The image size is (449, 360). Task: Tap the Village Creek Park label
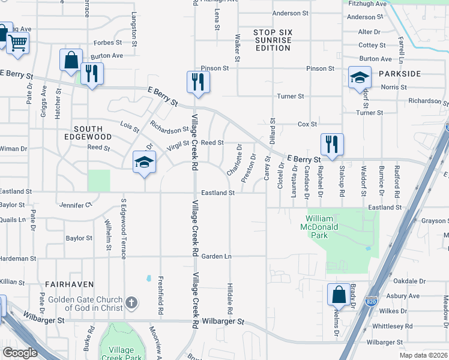coord(121,353)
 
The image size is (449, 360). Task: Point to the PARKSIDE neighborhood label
coord(400,73)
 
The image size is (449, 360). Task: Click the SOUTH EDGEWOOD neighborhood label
coord(92,133)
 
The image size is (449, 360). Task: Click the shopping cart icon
coord(17,43)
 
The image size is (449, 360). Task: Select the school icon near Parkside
coord(359,77)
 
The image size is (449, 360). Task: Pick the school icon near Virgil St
coord(143,162)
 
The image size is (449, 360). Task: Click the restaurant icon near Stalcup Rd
coord(331,145)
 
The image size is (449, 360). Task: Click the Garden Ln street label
coord(216,256)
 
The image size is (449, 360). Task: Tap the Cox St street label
coord(307,124)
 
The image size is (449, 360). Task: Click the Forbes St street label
coord(108,43)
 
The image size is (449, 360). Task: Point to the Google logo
coord(20,352)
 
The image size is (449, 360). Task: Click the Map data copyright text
coord(423,355)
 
